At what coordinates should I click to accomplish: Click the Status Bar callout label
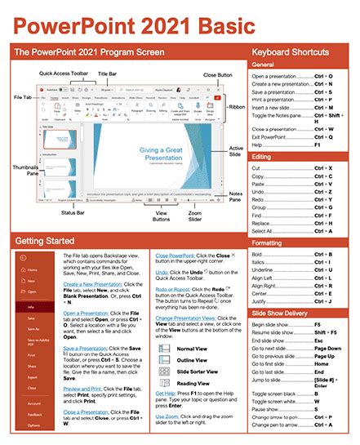76,214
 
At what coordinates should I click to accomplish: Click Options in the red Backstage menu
33,425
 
